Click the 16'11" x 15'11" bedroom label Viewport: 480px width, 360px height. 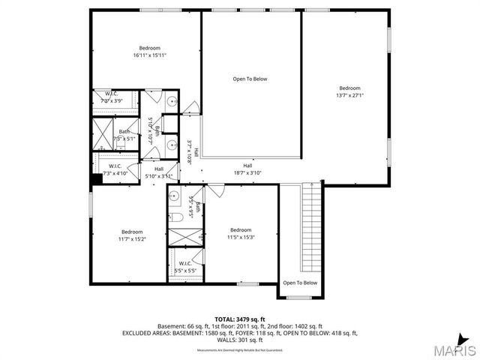(149, 52)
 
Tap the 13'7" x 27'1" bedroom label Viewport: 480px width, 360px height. (349, 91)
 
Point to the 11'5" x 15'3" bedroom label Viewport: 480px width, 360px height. (241, 233)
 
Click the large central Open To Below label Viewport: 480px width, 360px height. (250, 79)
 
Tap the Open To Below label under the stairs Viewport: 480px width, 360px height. (299, 283)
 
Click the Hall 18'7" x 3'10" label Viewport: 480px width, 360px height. (247, 169)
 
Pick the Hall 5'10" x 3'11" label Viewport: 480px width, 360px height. (159, 172)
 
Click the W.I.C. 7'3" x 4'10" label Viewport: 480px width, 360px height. (115, 169)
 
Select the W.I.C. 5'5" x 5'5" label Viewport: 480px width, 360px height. (185, 266)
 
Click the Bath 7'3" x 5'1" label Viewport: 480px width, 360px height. (124, 135)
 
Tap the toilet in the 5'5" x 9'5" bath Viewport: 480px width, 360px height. (178, 218)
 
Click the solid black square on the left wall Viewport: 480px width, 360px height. (97, 179)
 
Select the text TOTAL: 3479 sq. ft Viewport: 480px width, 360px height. (240, 319)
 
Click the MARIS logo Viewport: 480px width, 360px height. (451, 349)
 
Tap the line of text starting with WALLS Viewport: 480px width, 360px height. (240, 340)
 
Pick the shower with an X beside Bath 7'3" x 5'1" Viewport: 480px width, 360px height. (101, 135)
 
